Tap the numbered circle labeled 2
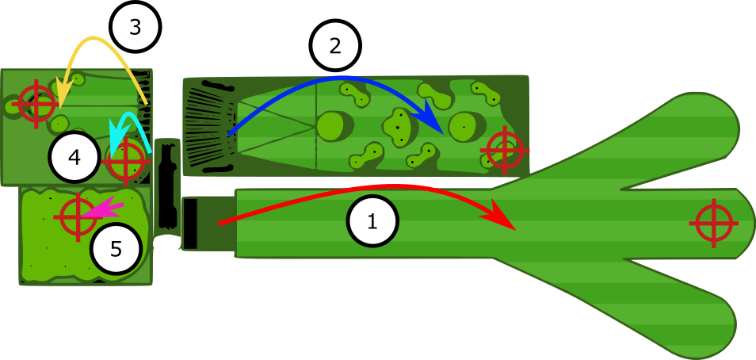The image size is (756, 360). coord(335,45)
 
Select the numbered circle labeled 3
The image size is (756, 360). coord(135,27)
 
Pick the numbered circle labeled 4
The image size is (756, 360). coord(74,157)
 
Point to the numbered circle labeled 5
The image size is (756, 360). coord(116,249)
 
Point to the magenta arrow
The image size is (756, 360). coord(103,210)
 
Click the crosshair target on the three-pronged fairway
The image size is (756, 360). coord(714,224)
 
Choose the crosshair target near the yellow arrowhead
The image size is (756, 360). coord(36,104)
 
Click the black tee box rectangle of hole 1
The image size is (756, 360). coord(190,224)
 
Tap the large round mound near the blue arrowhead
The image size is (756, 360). coord(462,125)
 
